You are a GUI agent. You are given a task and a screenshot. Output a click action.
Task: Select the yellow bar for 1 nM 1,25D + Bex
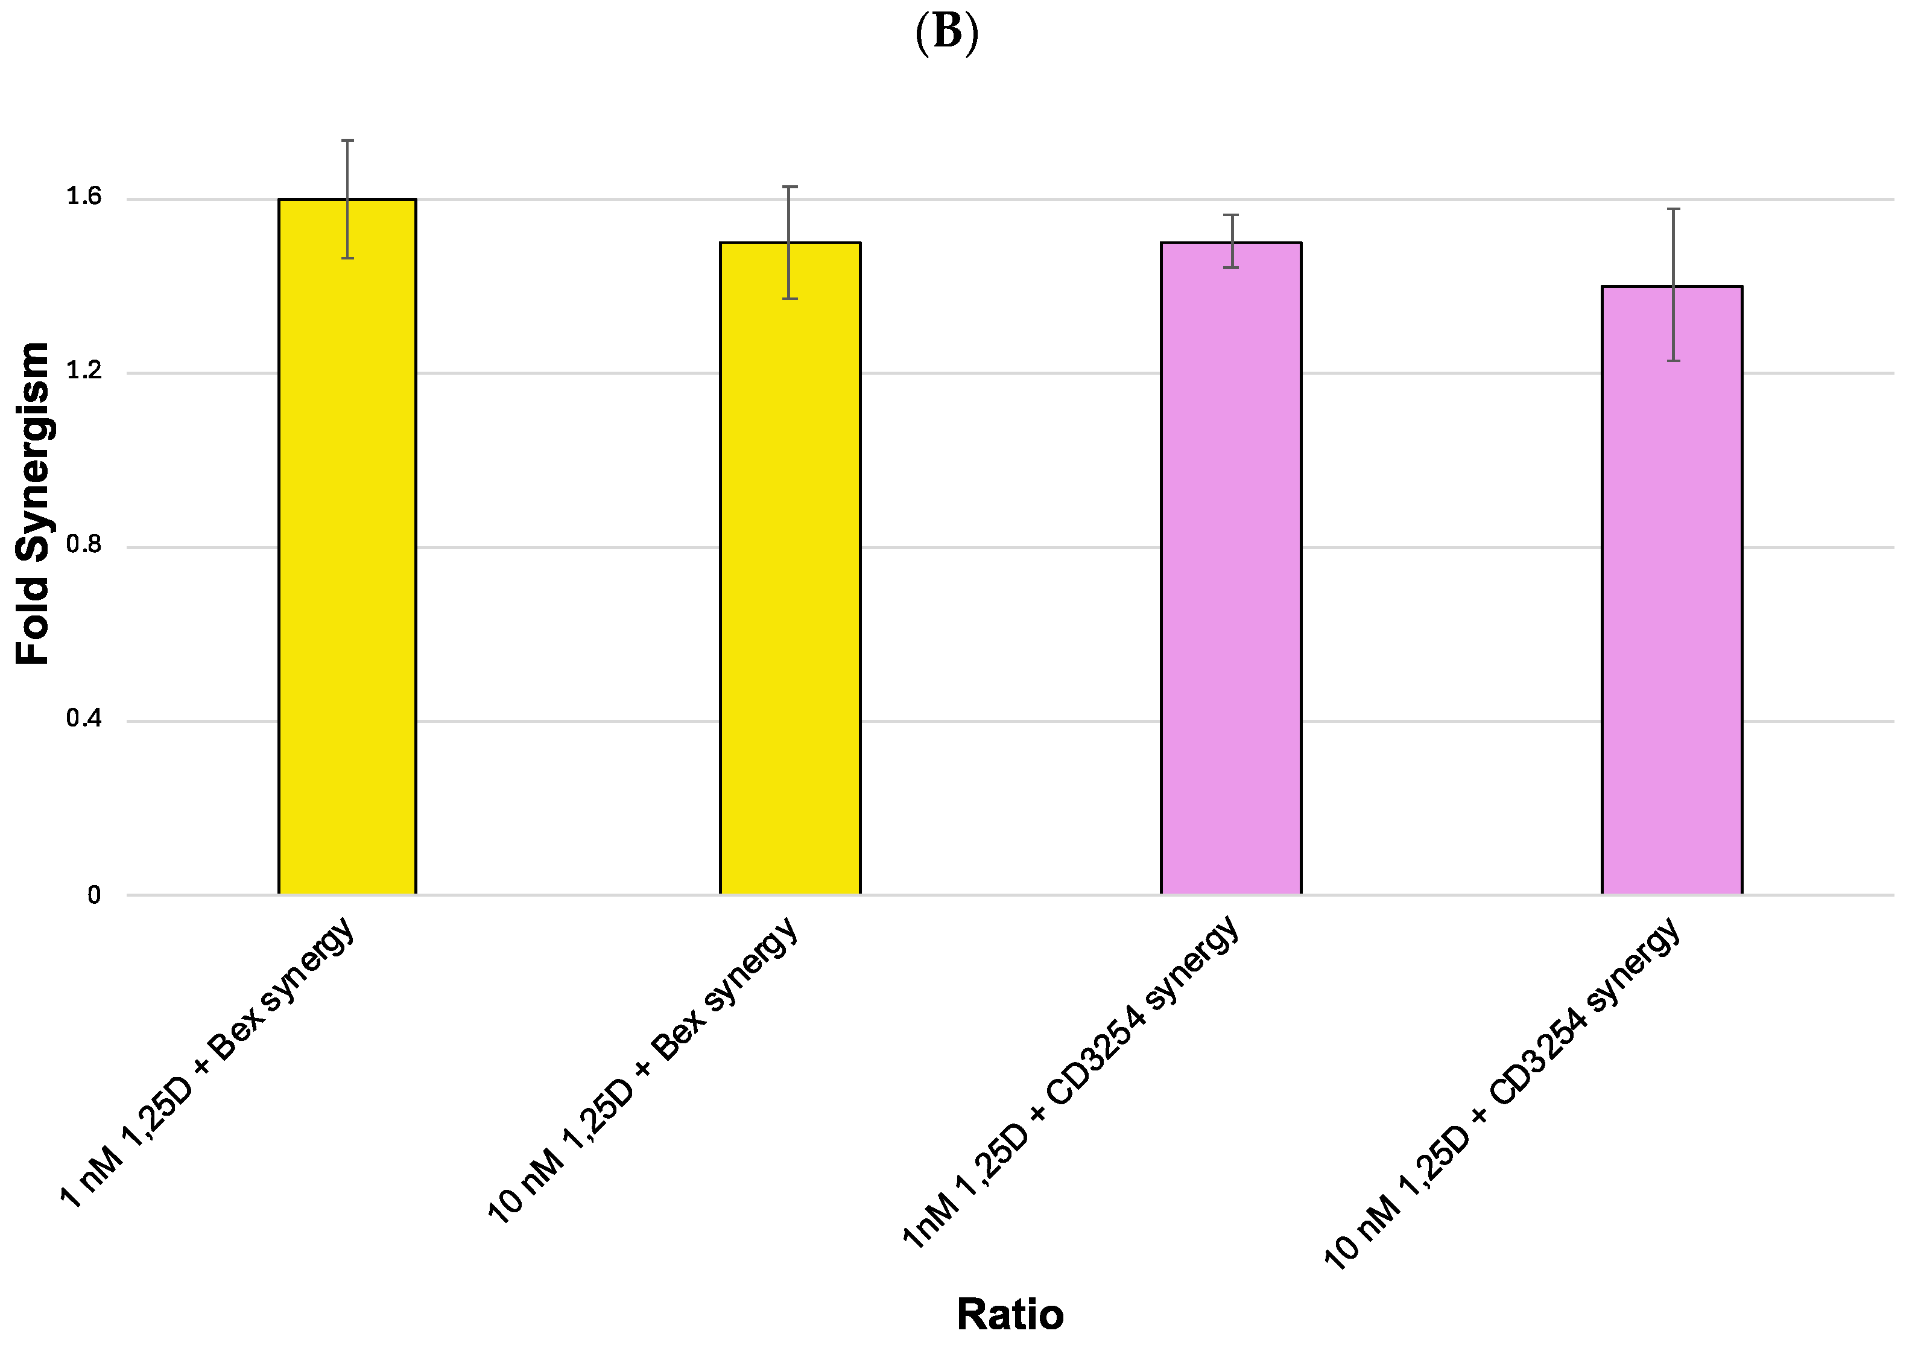click(347, 552)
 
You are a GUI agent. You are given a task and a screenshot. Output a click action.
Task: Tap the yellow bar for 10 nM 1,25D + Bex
click(790, 577)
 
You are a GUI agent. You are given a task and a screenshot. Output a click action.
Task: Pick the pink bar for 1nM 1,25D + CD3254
click(1230, 577)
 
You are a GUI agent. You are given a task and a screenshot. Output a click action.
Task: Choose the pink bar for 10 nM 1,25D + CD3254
click(1671, 593)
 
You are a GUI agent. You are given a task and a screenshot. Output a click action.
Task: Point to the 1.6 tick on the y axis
click(84, 197)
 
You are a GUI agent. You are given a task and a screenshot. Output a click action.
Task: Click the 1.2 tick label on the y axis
click(84, 371)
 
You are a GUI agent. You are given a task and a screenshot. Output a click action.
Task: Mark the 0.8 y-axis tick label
click(84, 545)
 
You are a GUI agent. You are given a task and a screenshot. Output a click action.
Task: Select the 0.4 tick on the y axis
click(84, 719)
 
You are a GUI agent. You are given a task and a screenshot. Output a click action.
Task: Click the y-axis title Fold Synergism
click(33, 504)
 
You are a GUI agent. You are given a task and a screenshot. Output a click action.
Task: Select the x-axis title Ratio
click(1009, 1315)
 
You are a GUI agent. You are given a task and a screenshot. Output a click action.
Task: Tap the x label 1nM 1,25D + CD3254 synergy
click(1072, 1083)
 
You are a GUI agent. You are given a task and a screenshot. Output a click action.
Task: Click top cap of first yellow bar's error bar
click(347, 141)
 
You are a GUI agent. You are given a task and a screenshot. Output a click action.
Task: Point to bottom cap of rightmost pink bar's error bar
click(1673, 361)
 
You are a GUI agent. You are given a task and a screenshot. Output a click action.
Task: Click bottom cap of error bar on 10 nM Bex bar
click(790, 298)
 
